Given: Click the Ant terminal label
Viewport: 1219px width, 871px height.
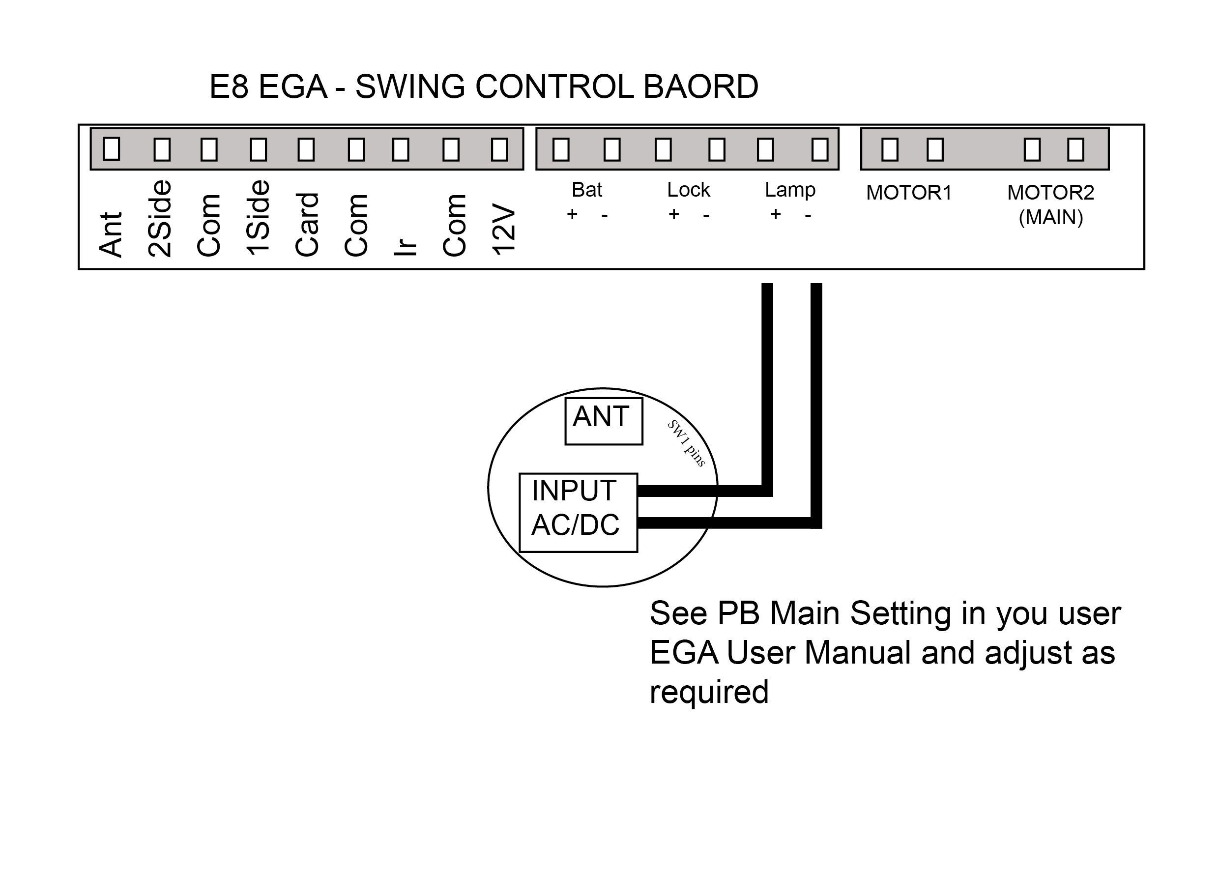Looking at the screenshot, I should pos(111,234).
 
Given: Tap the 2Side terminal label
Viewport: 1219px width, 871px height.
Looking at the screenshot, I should pos(160,218).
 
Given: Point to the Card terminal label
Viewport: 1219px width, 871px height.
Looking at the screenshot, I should pos(307,225).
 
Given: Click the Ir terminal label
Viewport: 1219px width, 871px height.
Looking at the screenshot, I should pos(406,246).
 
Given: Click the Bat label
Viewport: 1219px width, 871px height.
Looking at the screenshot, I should pos(587,189).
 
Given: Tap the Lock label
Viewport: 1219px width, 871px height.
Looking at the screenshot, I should pos(688,189).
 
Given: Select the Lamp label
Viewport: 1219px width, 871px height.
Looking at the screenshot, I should pos(790,190).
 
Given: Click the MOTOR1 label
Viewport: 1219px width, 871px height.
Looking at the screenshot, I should pos(908,193).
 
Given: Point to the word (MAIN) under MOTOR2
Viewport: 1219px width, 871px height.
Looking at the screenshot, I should pos(1050,217).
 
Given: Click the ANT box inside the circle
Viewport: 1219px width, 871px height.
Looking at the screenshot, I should pos(603,421).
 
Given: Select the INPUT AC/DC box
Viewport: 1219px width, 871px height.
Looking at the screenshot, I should pos(578,512).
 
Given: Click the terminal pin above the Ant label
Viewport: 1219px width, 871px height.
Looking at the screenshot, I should pos(111,148).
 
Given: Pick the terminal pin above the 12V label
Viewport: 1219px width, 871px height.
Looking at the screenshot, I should pos(500,149).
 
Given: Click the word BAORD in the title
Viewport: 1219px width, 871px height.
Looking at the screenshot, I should pos(700,87).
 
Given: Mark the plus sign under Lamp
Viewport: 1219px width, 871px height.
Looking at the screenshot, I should pos(775,214).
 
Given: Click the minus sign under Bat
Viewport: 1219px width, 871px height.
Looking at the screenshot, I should pos(605,215).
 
